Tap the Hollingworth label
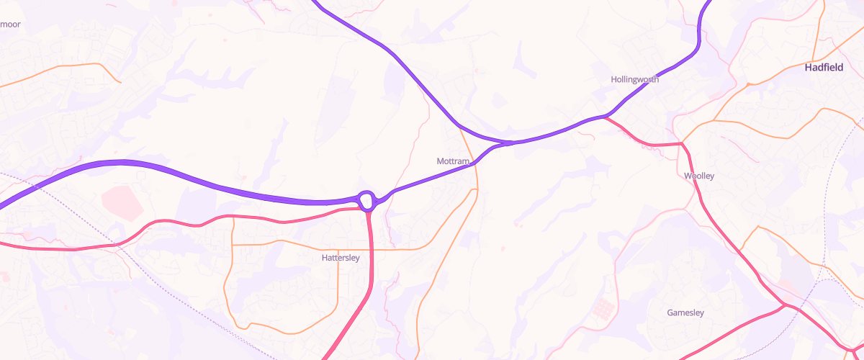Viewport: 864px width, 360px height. (634, 79)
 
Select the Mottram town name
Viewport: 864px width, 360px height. (453, 161)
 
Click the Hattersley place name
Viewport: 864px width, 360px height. (341, 257)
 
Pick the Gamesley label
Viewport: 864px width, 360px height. (685, 312)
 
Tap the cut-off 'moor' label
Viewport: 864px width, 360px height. (10, 24)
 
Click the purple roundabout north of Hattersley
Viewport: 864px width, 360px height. (366, 199)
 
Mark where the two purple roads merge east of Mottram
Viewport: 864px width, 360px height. (508, 143)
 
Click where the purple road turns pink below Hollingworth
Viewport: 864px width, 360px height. (606, 117)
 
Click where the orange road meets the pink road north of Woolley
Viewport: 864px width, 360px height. (681, 144)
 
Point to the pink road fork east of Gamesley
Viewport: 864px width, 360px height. (786, 306)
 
